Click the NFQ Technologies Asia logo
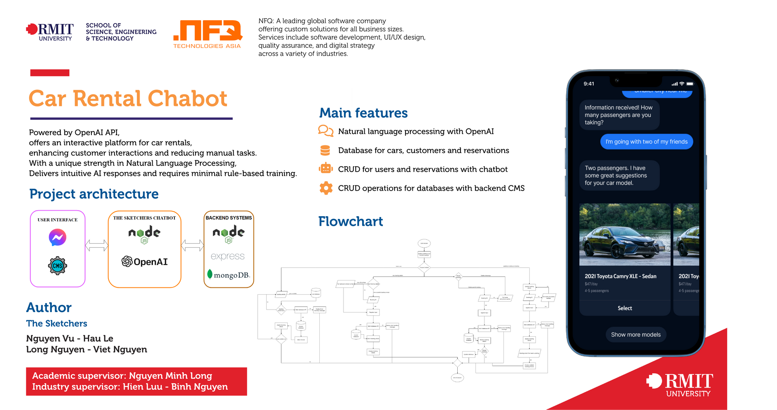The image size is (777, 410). coord(207,34)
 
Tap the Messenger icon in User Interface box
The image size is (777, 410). coord(57,238)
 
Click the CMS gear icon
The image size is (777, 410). coord(57,266)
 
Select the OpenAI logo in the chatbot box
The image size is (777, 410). coord(144,261)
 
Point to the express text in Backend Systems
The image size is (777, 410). coord(227,256)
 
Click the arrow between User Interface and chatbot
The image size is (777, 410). coord(97,245)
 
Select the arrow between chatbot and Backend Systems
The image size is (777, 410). coord(192,245)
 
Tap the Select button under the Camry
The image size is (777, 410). coord(624,308)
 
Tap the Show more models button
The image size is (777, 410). coord(635,335)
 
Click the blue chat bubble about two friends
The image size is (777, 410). coord(646,142)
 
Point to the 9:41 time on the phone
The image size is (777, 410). coord(589,84)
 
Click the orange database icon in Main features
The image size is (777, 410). coord(325,151)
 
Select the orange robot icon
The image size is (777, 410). coord(326,168)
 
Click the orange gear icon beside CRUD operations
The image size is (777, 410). coord(326,188)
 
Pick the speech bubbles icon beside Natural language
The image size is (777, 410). coord(325,131)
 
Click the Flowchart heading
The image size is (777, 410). coord(350,221)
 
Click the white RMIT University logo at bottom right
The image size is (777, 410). coord(680,385)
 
